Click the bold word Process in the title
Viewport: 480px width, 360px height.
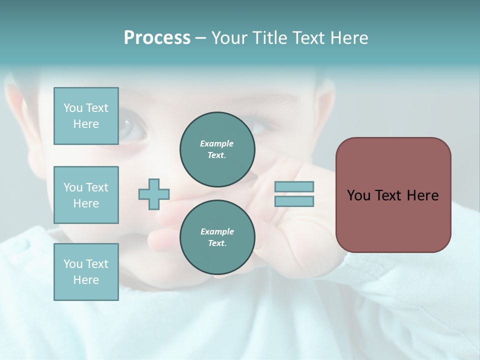coord(157,38)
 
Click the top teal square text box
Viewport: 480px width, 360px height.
coord(86,116)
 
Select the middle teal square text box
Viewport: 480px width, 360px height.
coord(86,195)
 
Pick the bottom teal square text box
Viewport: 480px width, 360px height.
coord(86,271)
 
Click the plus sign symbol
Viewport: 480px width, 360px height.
coord(154,194)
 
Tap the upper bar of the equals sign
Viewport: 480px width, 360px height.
coord(294,186)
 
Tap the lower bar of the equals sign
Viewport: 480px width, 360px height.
coord(294,201)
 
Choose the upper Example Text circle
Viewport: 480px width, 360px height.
coord(217,149)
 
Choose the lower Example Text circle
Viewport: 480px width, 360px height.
coord(217,237)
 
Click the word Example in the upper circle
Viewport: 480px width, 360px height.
coord(217,143)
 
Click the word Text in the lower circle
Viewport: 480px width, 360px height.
coord(216,243)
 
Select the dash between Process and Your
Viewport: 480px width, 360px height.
coord(200,38)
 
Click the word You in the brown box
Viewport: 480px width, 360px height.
coord(358,195)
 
